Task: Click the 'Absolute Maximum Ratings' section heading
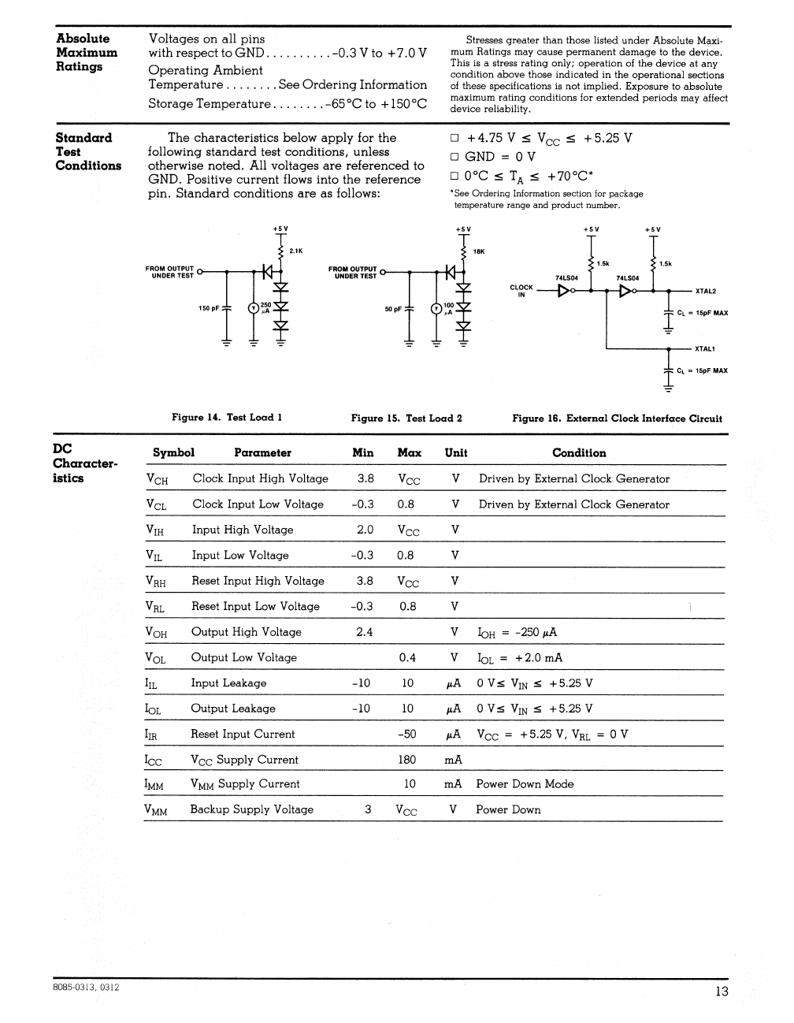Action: click(87, 52)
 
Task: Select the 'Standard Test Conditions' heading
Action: click(88, 151)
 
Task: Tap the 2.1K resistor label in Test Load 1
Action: click(296, 251)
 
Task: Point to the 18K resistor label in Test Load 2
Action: click(479, 251)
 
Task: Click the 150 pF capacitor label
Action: click(209, 308)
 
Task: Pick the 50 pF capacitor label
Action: click(393, 309)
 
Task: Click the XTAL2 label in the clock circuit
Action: click(705, 291)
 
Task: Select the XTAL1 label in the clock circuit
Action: click(705, 348)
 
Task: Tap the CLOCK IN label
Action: click(521, 291)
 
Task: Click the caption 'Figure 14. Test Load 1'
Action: click(227, 418)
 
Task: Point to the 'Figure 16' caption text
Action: click(617, 418)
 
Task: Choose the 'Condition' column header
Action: click(579, 453)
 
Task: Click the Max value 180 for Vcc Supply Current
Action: click(407, 760)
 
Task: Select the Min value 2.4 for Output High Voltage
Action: click(365, 632)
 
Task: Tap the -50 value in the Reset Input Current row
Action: click(407, 734)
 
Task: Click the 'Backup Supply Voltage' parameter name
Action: click(251, 809)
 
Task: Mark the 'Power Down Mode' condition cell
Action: click(525, 784)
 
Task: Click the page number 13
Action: click(722, 991)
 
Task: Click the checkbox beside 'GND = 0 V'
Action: click(455, 157)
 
